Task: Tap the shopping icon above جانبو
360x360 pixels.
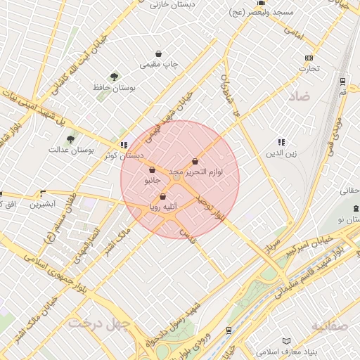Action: [x=153, y=169]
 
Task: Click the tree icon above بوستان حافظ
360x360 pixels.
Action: [x=113, y=77]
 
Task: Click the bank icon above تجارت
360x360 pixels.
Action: [x=308, y=58]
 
